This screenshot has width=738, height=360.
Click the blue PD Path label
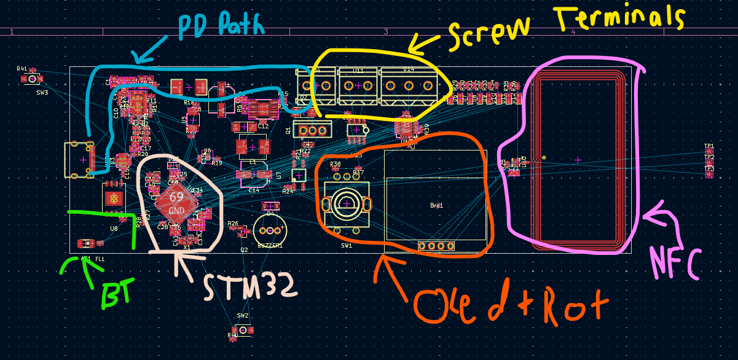tap(222, 26)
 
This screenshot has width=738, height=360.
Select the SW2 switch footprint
tap(243, 331)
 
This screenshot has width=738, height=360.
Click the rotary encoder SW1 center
tap(347, 203)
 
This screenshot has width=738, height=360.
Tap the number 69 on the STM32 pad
tap(176, 197)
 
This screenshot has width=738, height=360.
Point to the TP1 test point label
tap(709, 146)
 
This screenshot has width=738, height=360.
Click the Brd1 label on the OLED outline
tap(437, 206)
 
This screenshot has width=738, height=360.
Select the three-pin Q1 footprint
tap(312, 130)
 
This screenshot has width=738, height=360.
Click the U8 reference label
tap(114, 229)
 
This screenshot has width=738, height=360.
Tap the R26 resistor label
tap(233, 224)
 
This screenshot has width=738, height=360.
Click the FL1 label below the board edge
tap(100, 259)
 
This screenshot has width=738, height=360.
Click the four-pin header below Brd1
tap(436, 246)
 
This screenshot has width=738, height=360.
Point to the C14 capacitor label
tap(254, 190)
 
